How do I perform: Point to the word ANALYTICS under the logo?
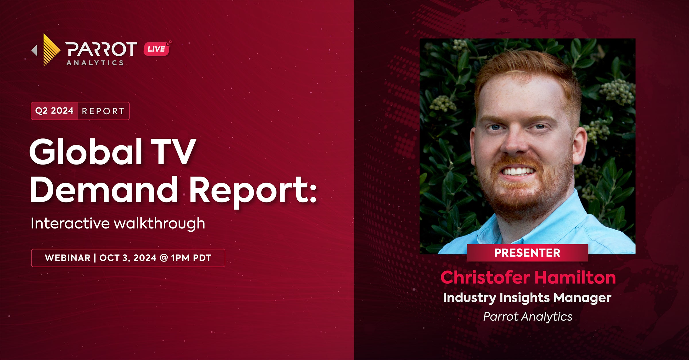95,63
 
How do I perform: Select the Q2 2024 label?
54,111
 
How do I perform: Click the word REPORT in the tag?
103,111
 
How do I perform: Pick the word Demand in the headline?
104,189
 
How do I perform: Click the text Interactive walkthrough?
118,223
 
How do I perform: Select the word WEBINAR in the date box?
68,258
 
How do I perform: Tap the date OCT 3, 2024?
128,258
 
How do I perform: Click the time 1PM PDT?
191,258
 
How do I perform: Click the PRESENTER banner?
527,253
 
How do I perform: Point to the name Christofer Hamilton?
528,278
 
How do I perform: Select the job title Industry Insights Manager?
527,298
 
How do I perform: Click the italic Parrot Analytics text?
528,317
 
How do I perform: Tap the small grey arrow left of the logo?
34,50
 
